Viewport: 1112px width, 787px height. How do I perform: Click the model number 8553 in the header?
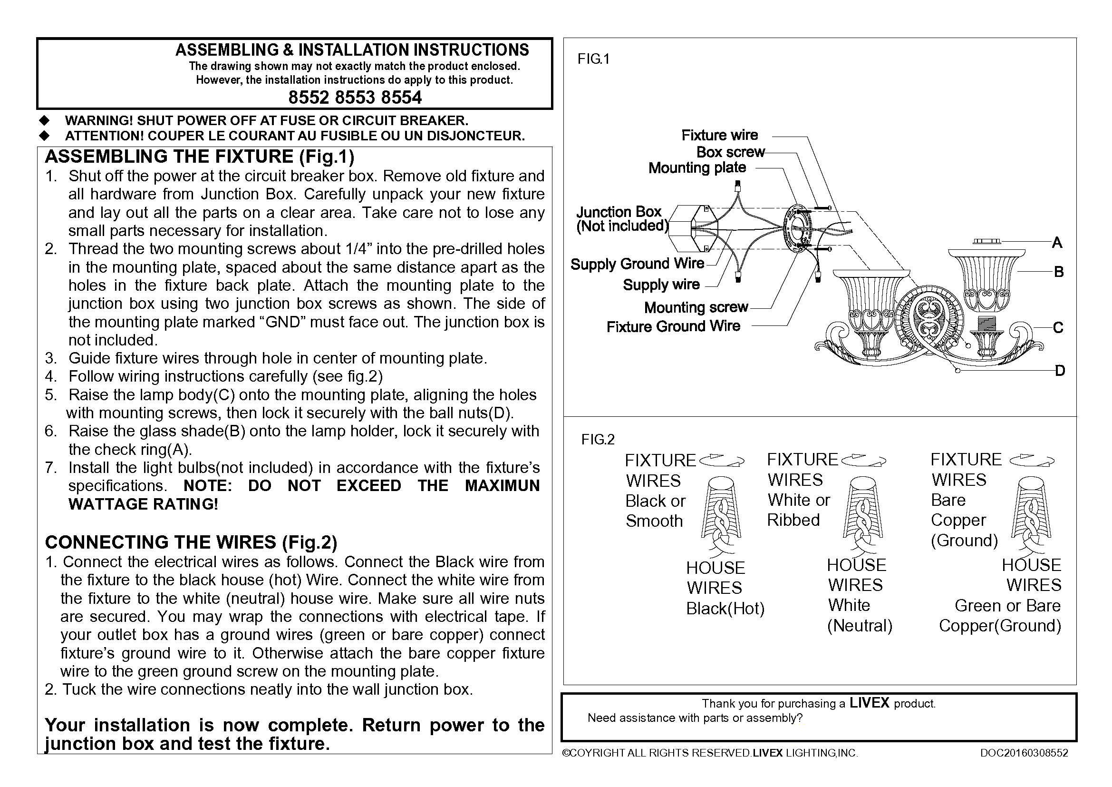355,98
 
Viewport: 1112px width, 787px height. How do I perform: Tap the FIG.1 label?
593,59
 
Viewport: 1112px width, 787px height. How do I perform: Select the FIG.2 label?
598,440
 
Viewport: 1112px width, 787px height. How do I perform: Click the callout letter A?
1057,242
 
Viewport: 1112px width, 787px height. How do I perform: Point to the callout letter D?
1060,371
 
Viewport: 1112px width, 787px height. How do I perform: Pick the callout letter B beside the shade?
1059,272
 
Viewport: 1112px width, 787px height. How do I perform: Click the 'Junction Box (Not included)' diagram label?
622,219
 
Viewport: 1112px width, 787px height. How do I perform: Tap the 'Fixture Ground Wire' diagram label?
673,326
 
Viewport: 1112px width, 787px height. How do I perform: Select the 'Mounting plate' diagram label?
697,167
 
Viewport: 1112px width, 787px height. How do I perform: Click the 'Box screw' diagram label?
730,152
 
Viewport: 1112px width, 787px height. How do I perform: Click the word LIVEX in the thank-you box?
870,703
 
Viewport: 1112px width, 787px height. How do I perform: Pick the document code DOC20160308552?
1024,753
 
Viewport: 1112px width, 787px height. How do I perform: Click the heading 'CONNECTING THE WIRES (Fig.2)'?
191,542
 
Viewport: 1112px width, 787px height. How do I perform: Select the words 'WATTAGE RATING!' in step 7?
144,504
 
